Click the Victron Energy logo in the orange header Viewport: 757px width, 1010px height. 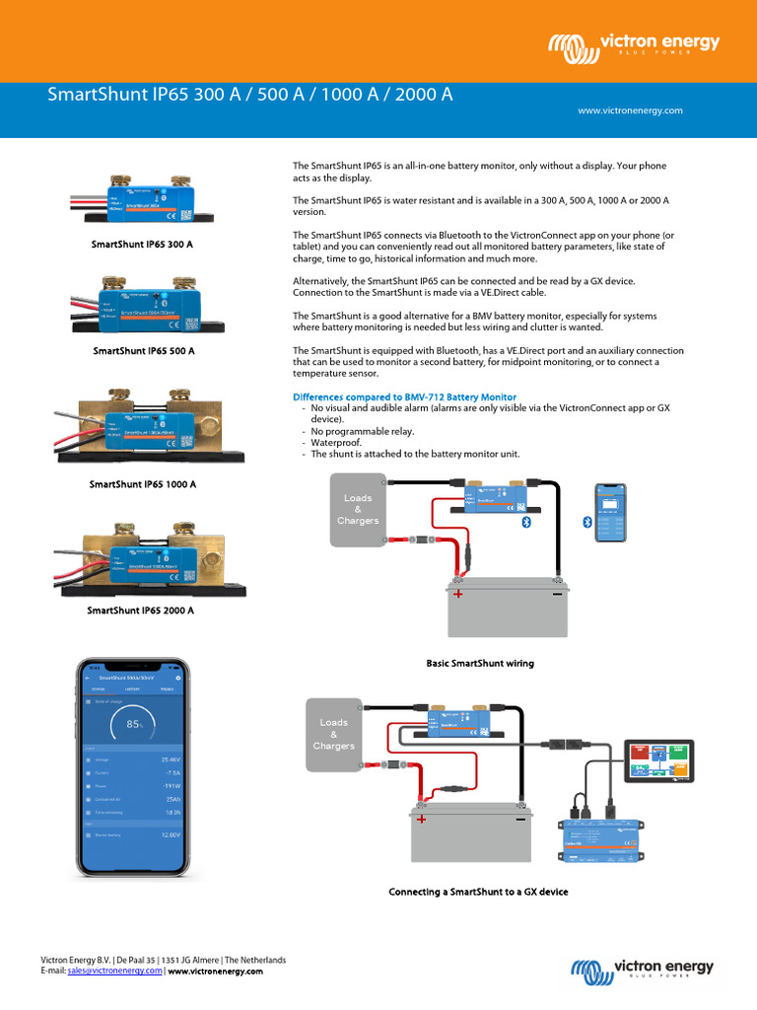[634, 44]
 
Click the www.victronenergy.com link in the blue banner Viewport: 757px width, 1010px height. [630, 110]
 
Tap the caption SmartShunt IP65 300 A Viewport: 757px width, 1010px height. [142, 243]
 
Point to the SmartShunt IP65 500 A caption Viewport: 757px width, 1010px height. [144, 350]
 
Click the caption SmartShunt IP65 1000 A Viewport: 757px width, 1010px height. [143, 484]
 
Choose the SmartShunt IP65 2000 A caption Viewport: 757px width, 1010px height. [141, 611]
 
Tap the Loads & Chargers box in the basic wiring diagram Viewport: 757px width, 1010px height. [357, 509]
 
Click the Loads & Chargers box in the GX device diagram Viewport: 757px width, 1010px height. [333, 733]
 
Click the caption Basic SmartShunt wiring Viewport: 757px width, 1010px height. [480, 664]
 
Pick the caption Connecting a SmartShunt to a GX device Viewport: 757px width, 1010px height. [478, 892]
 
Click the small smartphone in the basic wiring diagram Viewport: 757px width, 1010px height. [609, 513]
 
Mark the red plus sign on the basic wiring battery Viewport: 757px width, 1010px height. [457, 594]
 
